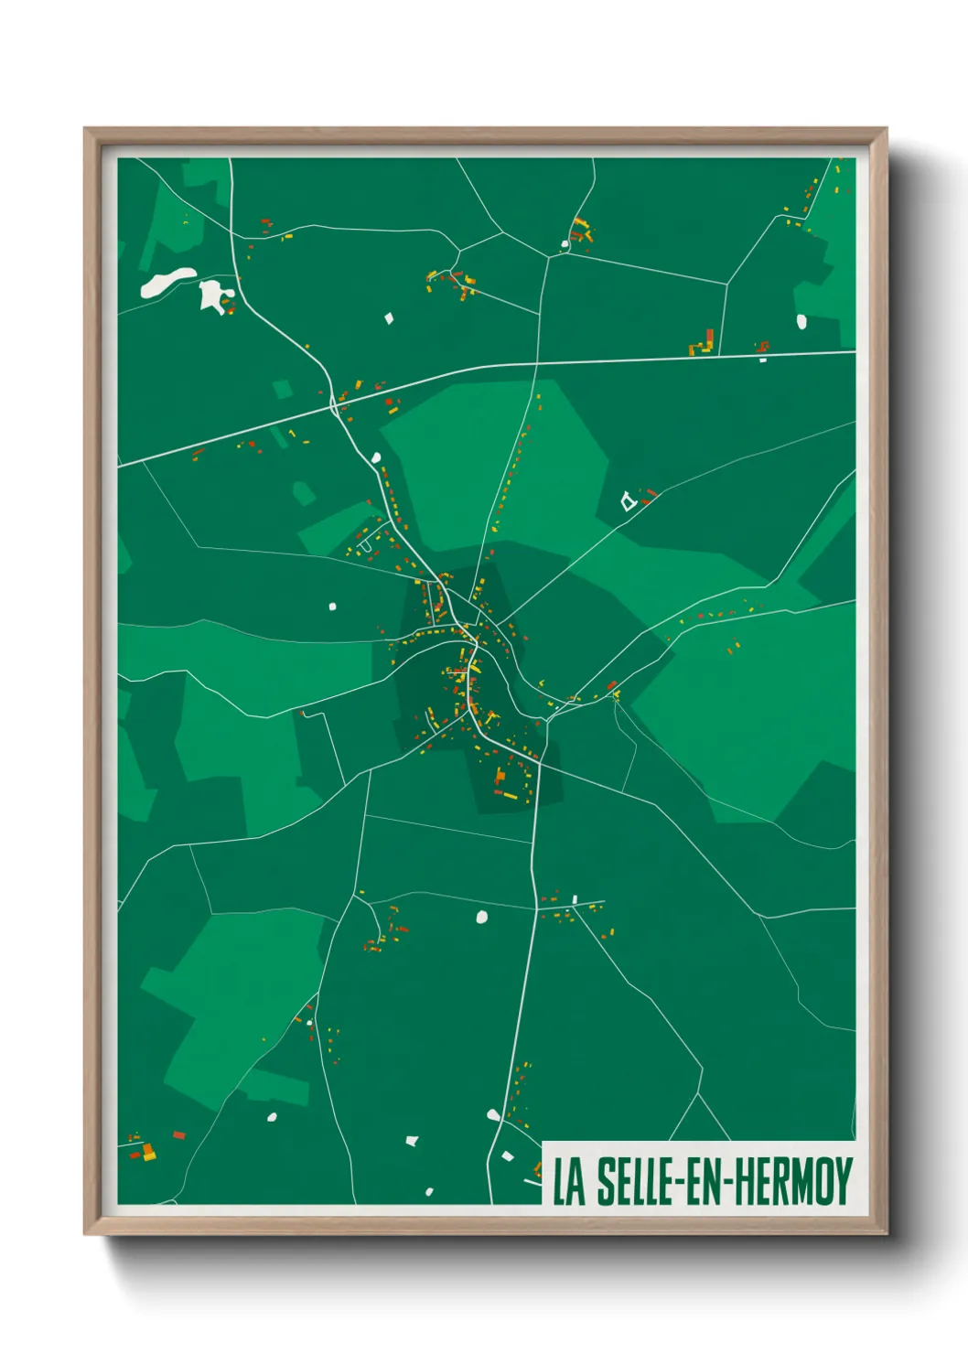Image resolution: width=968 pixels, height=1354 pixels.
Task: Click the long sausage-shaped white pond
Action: click(x=167, y=283)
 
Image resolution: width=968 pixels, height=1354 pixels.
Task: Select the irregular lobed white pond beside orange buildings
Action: click(x=211, y=295)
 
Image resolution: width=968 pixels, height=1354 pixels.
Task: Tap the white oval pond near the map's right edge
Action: click(x=801, y=321)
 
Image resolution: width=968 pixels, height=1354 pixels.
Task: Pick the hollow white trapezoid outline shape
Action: click(x=628, y=500)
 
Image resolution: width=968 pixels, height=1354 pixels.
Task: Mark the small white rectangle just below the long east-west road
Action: click(x=763, y=360)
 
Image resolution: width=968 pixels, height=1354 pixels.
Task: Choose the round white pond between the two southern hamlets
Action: click(x=482, y=916)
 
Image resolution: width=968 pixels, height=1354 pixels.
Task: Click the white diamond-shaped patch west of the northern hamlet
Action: click(x=389, y=318)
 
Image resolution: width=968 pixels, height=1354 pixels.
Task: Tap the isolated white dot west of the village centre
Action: click(x=332, y=606)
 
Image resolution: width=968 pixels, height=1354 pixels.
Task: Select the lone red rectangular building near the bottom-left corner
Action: click(x=179, y=1134)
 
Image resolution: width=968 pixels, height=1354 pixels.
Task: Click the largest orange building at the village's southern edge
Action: click(x=500, y=778)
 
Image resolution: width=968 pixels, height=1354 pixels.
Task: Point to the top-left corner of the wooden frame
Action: click(x=86, y=130)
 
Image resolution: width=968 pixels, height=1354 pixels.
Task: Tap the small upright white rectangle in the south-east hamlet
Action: click(x=575, y=899)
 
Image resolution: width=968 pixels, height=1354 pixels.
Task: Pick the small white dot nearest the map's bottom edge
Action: click(x=428, y=1191)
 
